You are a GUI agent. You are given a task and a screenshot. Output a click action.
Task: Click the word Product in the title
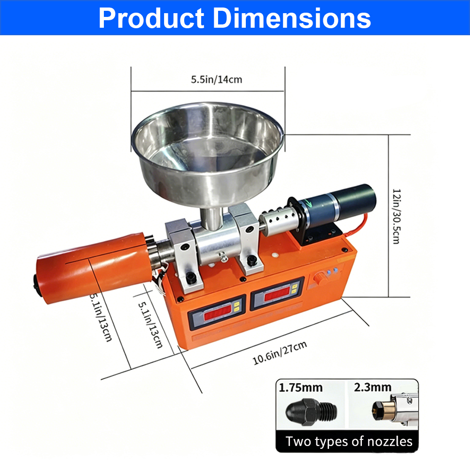pyautogui.click(x=151, y=19)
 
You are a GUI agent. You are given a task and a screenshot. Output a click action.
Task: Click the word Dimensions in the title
pyautogui.click(x=292, y=19)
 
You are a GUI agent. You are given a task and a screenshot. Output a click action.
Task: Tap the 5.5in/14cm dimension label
pyautogui.click(x=216, y=79)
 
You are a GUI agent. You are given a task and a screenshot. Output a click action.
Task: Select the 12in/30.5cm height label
pyautogui.click(x=397, y=216)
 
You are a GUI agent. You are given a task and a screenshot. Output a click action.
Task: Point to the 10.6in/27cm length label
pyautogui.click(x=280, y=353)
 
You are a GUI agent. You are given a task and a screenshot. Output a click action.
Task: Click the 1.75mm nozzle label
pyautogui.click(x=301, y=388)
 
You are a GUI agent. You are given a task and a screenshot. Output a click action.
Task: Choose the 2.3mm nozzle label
pyautogui.click(x=373, y=387)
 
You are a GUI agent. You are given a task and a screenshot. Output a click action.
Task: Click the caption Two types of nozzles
pyautogui.click(x=349, y=441)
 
